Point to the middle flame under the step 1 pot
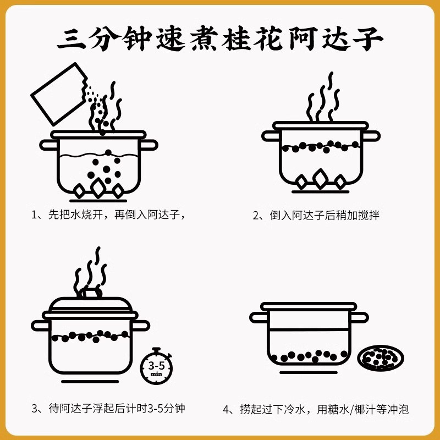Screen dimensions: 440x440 pyautogui.click(x=98, y=188)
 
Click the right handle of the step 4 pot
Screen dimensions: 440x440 pyautogui.click(x=359, y=317)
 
